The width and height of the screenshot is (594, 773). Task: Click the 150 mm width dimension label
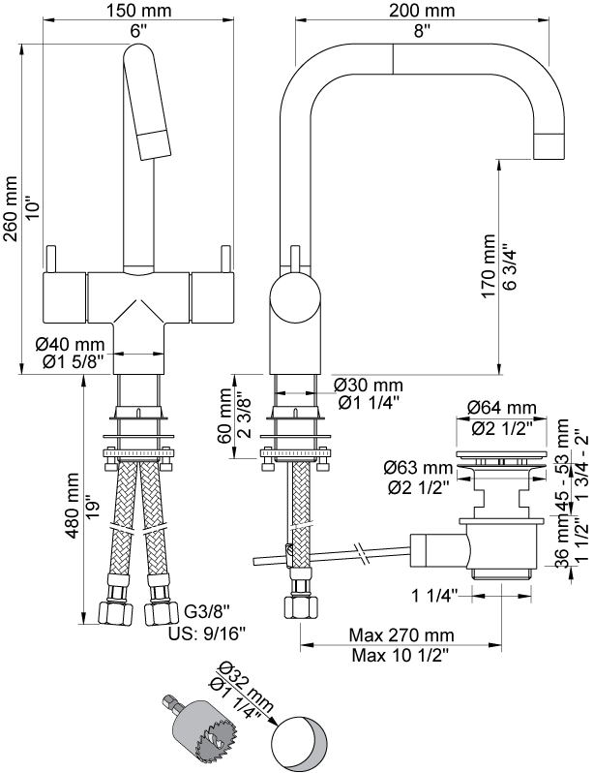pos(139,10)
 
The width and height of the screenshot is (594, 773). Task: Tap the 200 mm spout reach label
pos(422,10)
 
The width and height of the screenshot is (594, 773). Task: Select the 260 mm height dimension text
pos(11,208)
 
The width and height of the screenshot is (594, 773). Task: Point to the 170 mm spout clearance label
pos(489,265)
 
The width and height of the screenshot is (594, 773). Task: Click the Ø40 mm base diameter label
pos(70,343)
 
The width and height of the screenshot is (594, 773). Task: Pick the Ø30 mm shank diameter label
pos(368,385)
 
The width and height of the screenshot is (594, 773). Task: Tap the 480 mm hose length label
pos(73,506)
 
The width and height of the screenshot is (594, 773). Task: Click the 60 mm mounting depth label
pos(225,416)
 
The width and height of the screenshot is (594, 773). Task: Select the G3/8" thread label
pos(207,612)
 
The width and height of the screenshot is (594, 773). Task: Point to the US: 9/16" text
pos(207,633)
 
